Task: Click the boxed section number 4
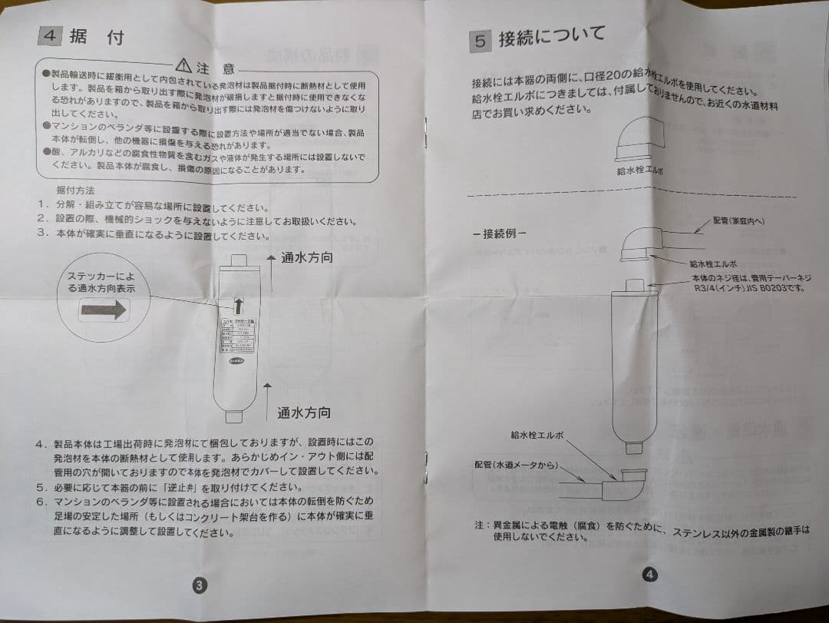pyautogui.click(x=49, y=36)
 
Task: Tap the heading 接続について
pyautogui.click(x=552, y=35)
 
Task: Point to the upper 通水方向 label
pyautogui.click(x=306, y=258)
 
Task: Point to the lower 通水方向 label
pyautogui.click(x=304, y=413)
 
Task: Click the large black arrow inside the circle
pyautogui.click(x=105, y=310)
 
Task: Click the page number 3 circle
pyautogui.click(x=198, y=584)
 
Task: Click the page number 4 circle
pyautogui.click(x=649, y=574)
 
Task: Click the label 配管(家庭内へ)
pyautogui.click(x=738, y=221)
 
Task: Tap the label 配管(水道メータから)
pyautogui.click(x=514, y=465)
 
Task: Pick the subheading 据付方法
pyautogui.click(x=75, y=190)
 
